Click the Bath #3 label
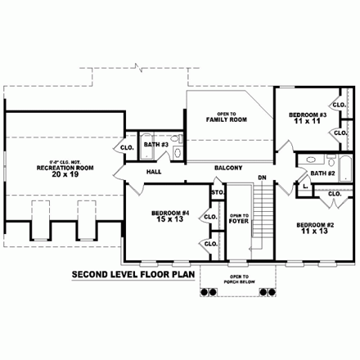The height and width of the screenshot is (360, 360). (x=155, y=145)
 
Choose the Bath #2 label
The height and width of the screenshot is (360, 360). (x=322, y=173)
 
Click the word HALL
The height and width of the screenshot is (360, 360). (x=154, y=173)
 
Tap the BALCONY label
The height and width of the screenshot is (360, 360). (x=228, y=168)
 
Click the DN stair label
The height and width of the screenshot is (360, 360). (x=263, y=178)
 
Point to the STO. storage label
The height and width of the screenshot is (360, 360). (x=218, y=194)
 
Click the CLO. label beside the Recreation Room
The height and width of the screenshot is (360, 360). (x=128, y=147)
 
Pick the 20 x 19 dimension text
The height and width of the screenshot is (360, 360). (x=56, y=173)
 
